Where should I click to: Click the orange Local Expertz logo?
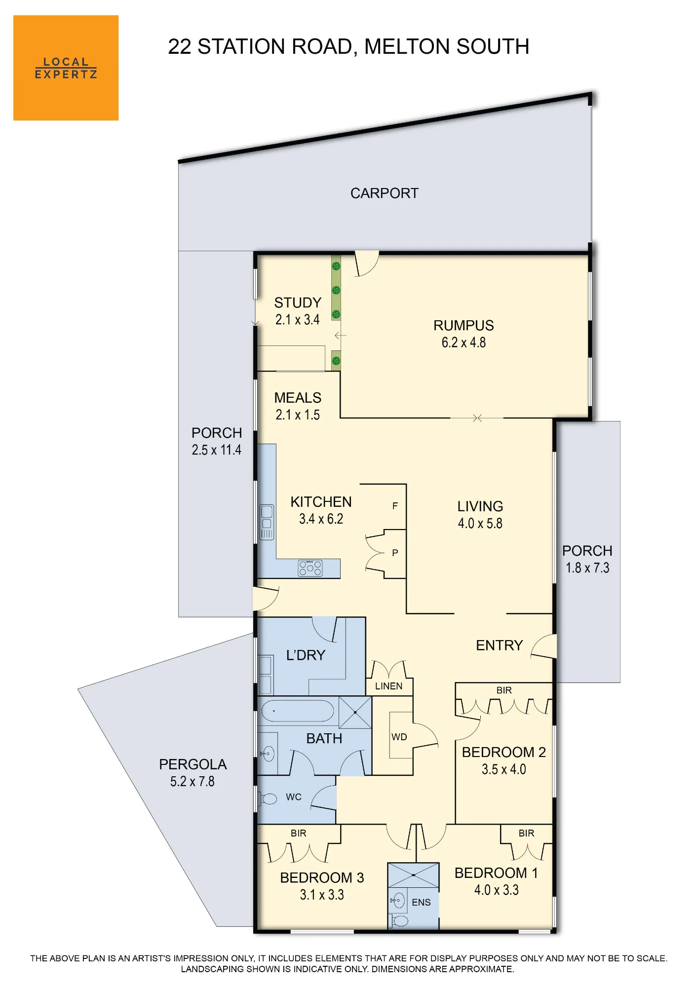click(66, 68)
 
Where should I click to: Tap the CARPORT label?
click(384, 193)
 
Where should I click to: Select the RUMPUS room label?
click(464, 325)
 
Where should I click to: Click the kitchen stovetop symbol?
click(310, 568)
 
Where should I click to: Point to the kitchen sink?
click(267, 522)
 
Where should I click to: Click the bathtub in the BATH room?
click(297, 712)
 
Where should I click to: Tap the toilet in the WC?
click(269, 798)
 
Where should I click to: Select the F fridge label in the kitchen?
click(395, 506)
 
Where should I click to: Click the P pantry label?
click(395, 553)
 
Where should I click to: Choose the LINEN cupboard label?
click(388, 686)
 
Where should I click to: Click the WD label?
click(399, 737)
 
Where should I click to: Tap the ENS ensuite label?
click(421, 902)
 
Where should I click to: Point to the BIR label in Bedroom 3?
click(298, 833)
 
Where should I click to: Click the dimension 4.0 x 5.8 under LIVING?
click(480, 523)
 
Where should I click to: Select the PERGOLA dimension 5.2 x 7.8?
click(192, 781)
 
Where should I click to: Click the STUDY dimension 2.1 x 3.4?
click(297, 319)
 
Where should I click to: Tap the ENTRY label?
click(499, 645)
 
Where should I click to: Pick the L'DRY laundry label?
click(306, 655)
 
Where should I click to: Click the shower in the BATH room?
click(355, 712)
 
